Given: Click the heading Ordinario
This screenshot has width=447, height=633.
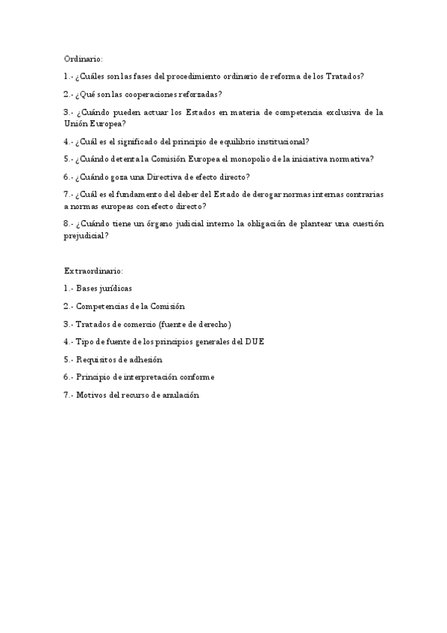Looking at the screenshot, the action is click(84, 58).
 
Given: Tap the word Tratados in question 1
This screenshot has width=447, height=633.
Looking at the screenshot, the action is click(343, 76).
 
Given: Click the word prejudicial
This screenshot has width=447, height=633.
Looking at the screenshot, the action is click(86, 235).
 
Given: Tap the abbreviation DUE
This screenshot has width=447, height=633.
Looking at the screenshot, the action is click(254, 341).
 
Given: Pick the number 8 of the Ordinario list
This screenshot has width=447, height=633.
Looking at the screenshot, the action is click(66, 223).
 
